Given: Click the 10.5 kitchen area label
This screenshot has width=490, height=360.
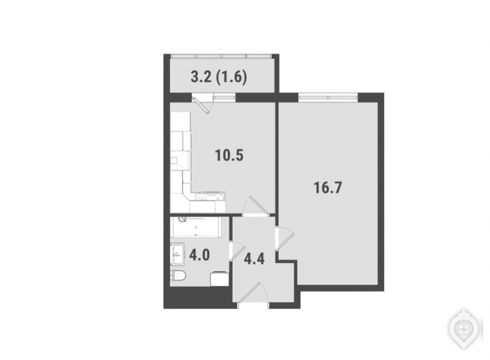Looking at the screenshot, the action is coord(229,156).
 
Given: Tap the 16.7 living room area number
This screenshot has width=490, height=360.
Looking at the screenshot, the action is coord(328,188).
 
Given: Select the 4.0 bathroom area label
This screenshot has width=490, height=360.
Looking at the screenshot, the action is coord(199,255).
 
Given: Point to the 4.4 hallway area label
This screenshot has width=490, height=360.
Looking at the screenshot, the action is coord(254,259).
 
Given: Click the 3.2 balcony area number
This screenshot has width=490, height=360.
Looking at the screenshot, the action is coord(201,77).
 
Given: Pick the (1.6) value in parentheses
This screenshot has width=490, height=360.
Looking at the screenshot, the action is coord(231,77).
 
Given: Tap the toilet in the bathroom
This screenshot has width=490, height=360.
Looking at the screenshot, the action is coord(178,276).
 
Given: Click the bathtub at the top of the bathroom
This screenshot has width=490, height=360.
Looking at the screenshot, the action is coord(196,227).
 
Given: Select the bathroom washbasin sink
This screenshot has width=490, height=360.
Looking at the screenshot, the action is coord(177,254).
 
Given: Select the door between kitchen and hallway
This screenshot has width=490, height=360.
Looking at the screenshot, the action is coord(258,206).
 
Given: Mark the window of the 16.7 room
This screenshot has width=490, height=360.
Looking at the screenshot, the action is coord(328,97).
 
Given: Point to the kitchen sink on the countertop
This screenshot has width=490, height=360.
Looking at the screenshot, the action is coord(210,197).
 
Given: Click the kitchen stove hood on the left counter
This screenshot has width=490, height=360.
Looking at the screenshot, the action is coord(181,160).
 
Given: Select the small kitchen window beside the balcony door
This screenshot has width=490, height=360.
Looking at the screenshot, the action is coord(224,97).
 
